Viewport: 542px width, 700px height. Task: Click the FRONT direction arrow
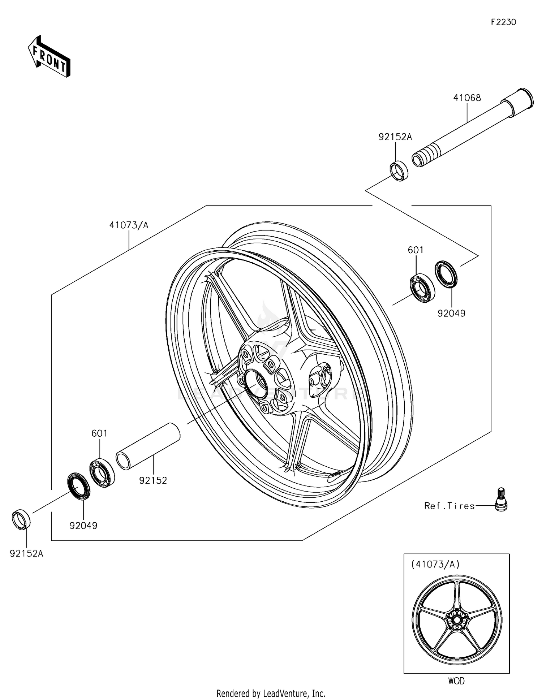pos(49,56)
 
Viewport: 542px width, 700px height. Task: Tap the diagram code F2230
pos(503,22)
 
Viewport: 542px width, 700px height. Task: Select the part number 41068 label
pos(467,98)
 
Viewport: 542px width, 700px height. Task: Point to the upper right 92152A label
pos(395,137)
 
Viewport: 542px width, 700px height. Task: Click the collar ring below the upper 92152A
pos(399,170)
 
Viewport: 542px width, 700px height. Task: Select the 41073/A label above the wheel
pos(129,225)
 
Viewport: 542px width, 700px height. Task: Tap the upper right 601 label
pos(416,250)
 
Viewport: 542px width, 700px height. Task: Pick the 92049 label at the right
pos(451,313)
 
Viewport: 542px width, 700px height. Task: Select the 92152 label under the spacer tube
pos(153,480)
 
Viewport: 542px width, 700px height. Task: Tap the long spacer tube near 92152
pos(148,446)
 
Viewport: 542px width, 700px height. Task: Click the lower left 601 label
pos(99,433)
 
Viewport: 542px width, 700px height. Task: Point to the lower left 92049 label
pos(83,526)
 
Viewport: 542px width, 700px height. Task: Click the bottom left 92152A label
pos(26,553)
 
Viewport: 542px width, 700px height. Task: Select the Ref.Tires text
pos(449,506)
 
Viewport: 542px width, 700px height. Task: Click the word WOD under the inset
pos(456,681)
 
